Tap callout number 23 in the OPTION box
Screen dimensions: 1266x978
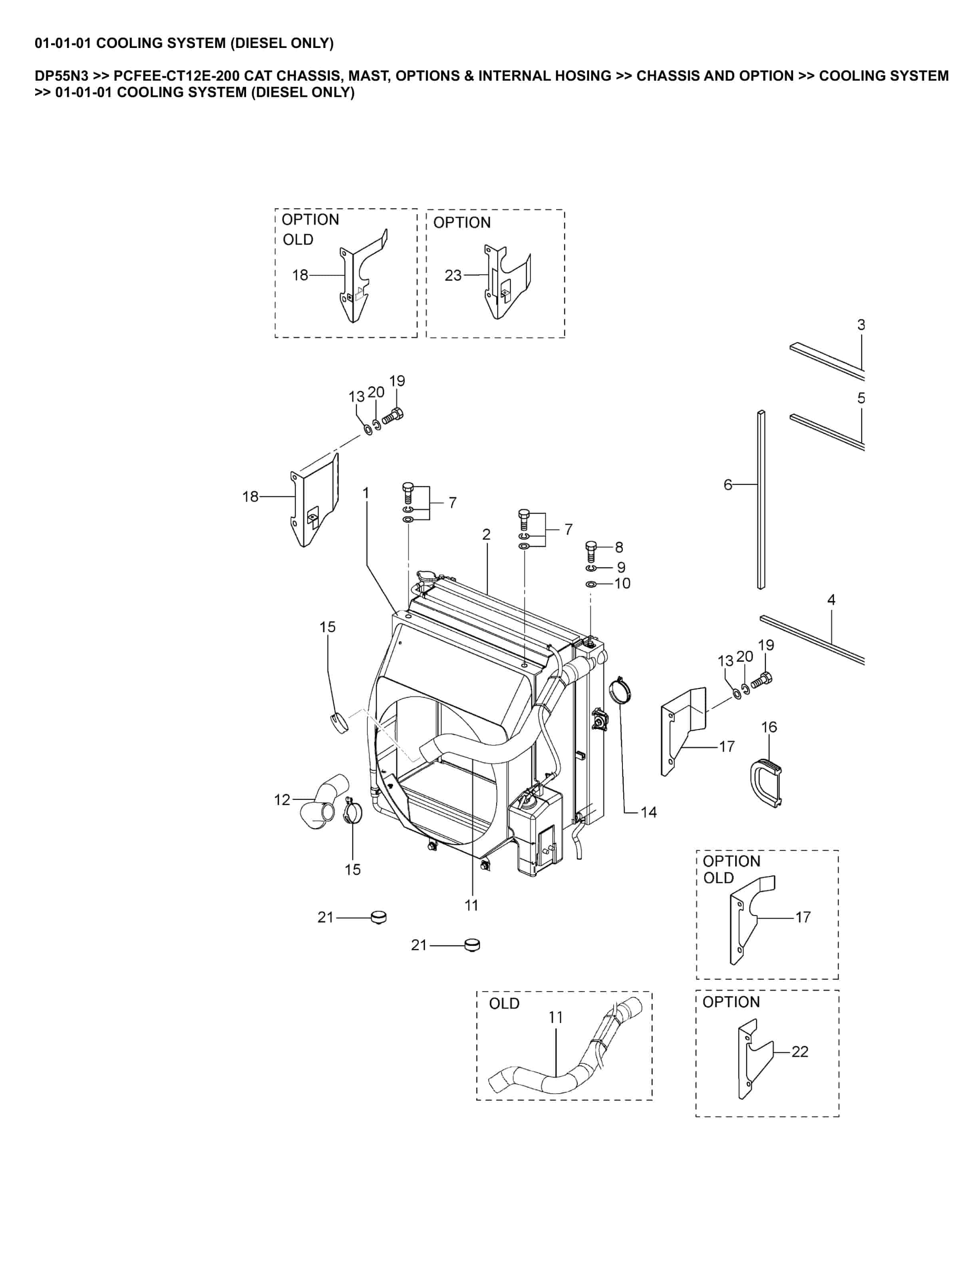[x=453, y=275]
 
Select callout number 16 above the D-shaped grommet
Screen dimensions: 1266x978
[x=769, y=727]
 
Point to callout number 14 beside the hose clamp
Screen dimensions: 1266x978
[x=648, y=812]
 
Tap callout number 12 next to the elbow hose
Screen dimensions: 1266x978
[x=282, y=800]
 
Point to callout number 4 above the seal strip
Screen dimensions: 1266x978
[x=831, y=600]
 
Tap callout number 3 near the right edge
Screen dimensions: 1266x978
[x=861, y=325]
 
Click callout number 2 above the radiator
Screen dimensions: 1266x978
[x=486, y=534]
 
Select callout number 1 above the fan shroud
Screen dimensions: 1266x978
[x=366, y=493]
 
